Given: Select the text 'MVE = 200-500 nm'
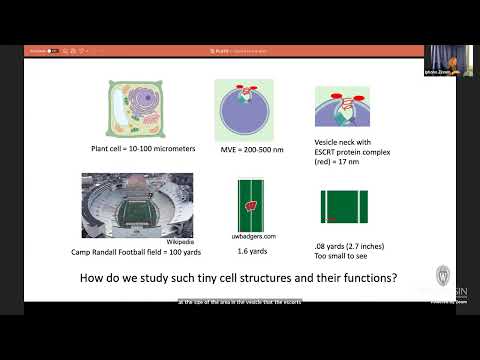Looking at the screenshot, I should (244, 150).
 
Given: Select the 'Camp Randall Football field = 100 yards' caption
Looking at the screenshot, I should (132, 250).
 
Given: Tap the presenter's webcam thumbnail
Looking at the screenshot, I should (448, 61).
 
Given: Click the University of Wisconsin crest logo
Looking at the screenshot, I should (443, 276).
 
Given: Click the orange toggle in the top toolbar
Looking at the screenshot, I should (53, 50).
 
